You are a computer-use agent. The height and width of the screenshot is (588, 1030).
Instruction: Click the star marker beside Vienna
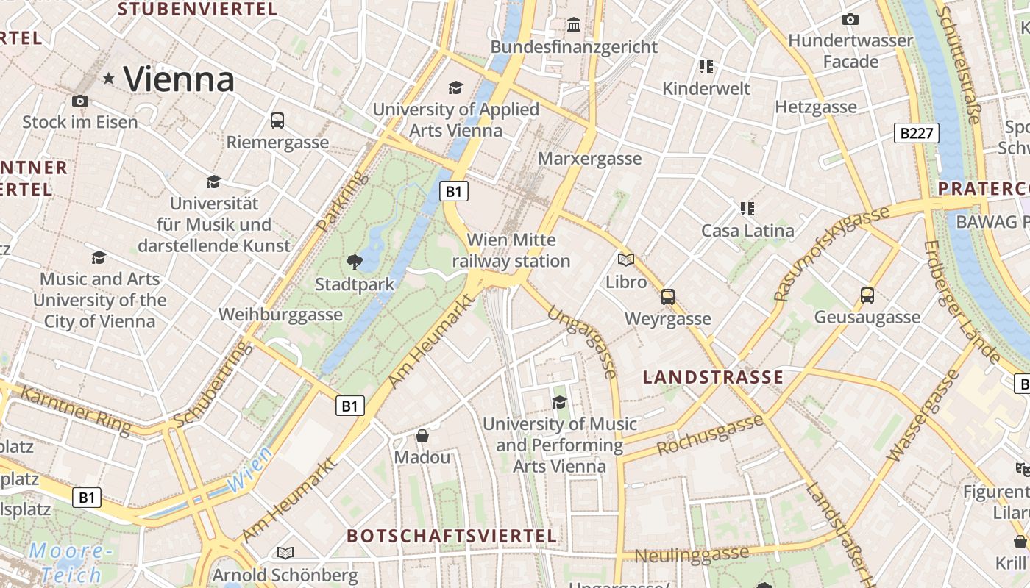[109, 78]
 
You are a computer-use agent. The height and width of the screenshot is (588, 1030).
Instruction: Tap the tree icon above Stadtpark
[355, 262]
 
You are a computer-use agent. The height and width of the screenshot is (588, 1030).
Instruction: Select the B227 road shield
[916, 133]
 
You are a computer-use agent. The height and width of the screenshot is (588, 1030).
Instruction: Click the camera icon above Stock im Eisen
[80, 101]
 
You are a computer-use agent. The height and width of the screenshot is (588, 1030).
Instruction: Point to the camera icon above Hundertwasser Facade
[850, 19]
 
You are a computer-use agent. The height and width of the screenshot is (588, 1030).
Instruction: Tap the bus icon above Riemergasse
[277, 120]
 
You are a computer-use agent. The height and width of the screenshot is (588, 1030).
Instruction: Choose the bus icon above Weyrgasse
[667, 297]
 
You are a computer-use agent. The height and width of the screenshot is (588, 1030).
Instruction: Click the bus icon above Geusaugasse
[867, 295]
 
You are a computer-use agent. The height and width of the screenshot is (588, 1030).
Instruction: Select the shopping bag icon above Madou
[422, 436]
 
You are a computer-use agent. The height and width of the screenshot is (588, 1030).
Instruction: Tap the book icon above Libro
[626, 259]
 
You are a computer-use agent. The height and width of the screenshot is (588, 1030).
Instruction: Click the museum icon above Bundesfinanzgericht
[574, 25]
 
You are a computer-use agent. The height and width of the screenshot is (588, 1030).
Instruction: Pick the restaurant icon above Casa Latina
[747, 209]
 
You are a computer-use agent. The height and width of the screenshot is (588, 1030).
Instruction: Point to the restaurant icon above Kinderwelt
[706, 67]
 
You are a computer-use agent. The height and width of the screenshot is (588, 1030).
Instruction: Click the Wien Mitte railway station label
[511, 251]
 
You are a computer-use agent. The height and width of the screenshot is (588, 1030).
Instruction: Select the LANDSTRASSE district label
[713, 378]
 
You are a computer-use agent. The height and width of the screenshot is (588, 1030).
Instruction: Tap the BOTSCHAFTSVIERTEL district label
[451, 536]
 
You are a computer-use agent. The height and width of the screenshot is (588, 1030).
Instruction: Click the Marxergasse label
[590, 159]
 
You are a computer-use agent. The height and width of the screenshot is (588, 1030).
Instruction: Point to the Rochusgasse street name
[710, 434]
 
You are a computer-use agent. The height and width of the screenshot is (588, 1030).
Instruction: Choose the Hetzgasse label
[816, 107]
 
